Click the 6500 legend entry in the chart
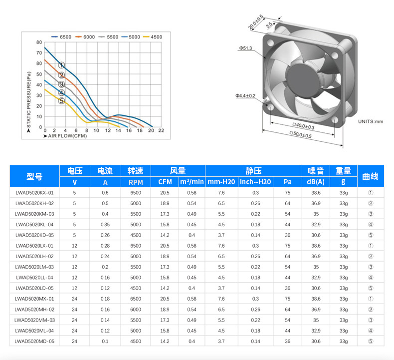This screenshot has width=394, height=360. (61, 37)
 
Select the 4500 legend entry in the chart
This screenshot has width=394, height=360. (153, 37)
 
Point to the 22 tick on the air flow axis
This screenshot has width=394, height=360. (161, 130)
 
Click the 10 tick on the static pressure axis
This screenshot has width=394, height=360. (39, 116)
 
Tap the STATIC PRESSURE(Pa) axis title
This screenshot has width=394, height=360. (29, 100)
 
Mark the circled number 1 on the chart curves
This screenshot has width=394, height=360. (61, 65)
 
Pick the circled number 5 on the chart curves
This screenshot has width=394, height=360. (61, 101)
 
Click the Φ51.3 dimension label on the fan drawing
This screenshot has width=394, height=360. (245, 48)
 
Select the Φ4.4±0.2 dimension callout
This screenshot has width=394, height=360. (245, 95)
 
